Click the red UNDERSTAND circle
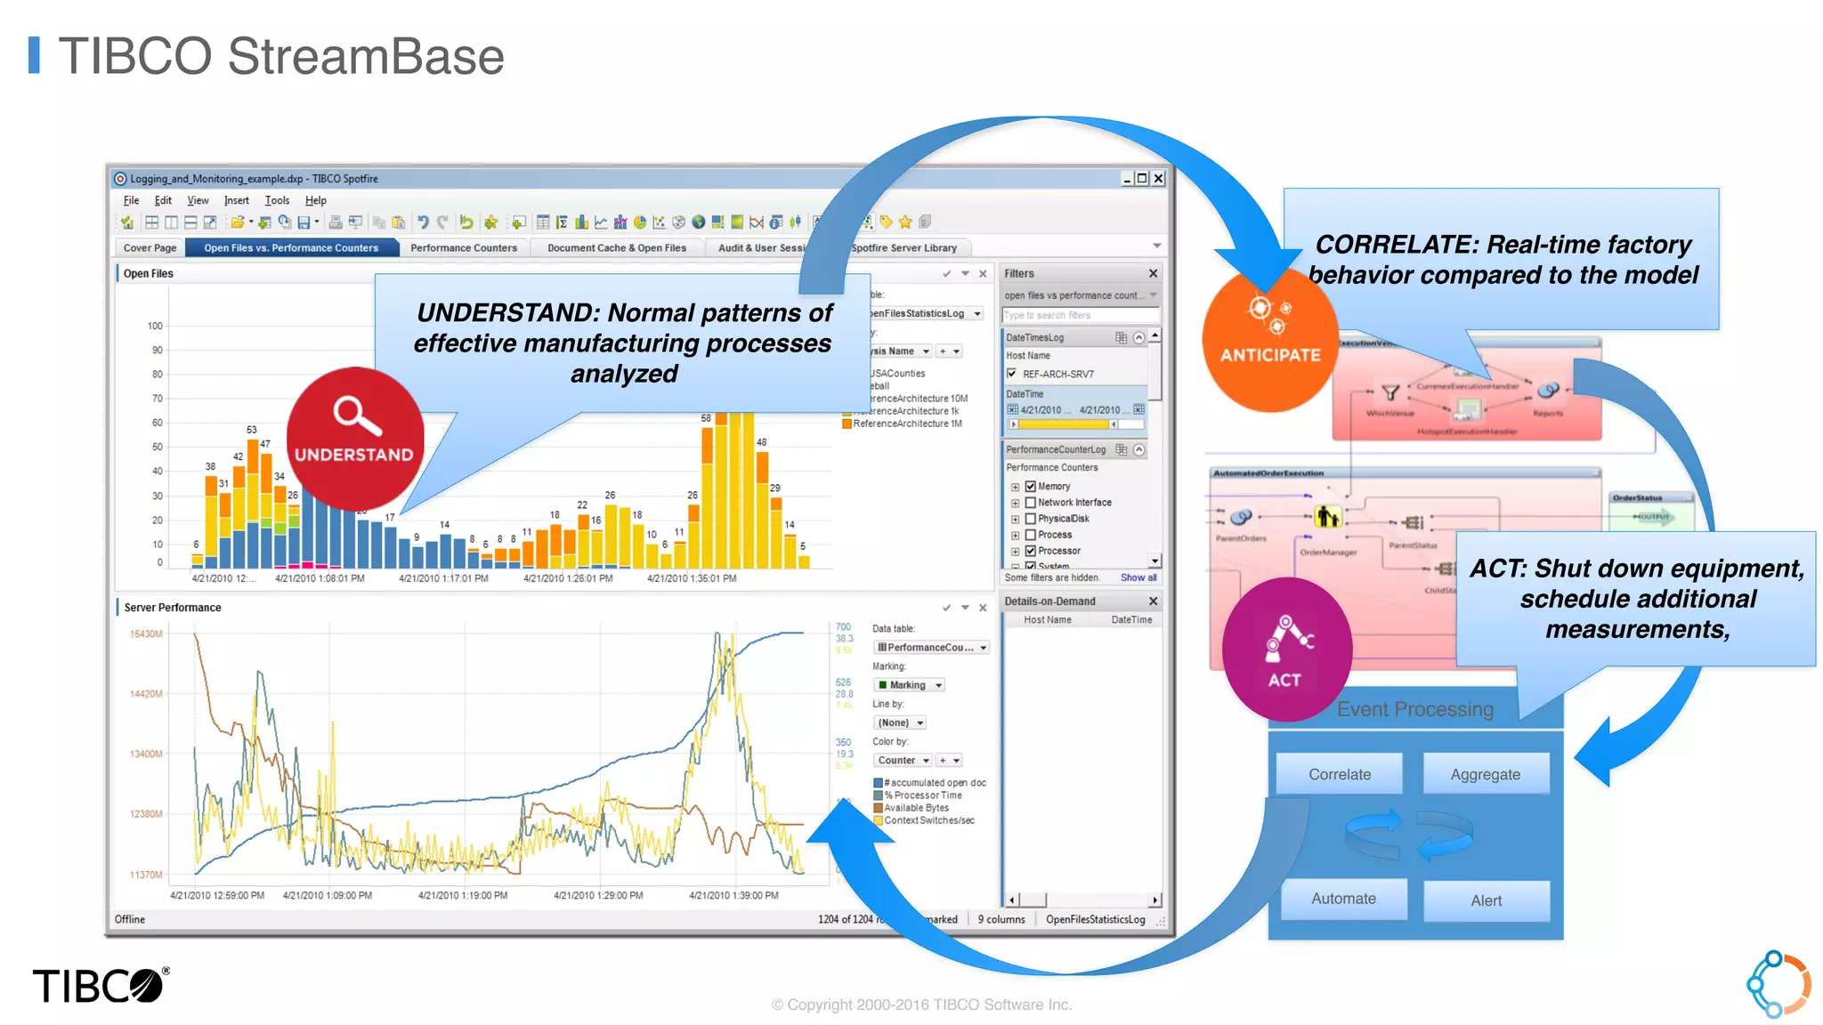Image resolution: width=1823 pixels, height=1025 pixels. [354, 436]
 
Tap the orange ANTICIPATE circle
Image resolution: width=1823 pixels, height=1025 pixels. [1269, 342]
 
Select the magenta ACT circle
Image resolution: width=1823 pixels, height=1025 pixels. [1285, 650]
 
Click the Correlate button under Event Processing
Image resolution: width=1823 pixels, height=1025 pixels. [1339, 774]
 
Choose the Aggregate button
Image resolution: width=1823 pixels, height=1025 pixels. [1485, 774]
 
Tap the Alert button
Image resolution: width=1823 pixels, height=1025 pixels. [1486, 900]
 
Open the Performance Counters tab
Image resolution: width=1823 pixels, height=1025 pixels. [463, 248]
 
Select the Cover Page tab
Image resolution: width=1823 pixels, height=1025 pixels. [150, 248]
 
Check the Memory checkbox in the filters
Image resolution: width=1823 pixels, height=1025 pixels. [1031, 487]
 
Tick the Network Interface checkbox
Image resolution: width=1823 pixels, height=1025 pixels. [1031, 503]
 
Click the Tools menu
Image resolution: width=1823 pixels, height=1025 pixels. [277, 201]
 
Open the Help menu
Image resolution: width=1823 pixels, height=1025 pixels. [315, 201]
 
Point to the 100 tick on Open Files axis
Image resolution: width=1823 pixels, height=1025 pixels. [155, 327]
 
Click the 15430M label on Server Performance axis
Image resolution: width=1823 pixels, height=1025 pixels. [146, 634]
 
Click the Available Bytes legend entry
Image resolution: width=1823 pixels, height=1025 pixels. [916, 808]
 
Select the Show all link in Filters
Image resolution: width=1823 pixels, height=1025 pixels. [1138, 577]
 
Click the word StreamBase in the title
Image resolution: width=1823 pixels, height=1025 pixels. [366, 57]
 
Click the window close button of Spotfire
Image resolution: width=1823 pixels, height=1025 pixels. [1158, 179]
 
